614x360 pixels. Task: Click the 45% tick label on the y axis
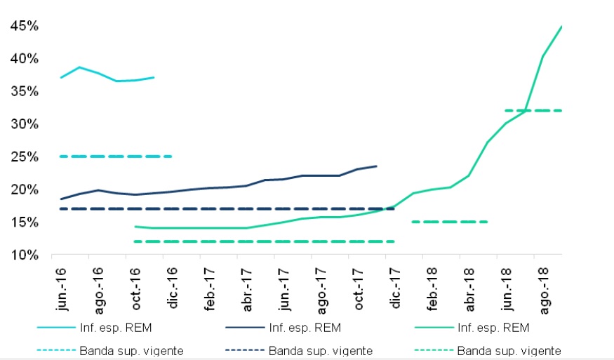[x=23, y=26]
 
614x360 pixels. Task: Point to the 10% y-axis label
[x=23, y=255]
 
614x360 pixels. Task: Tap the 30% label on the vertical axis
[x=23, y=124]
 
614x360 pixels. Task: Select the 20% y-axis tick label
[x=23, y=189]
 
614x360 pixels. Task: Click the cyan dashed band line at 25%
[x=116, y=156]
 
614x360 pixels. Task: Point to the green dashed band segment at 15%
[x=449, y=222]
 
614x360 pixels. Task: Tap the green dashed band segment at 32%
[x=533, y=110]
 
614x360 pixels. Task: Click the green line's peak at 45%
[x=561, y=27]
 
